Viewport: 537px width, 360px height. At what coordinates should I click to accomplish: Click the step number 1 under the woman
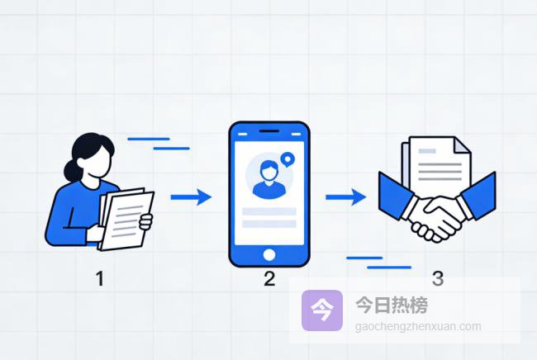100,278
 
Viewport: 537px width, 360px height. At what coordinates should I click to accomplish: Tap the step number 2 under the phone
269,278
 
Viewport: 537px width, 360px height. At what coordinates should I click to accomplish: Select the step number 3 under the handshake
438,278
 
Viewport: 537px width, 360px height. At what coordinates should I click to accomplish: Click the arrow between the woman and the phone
191,197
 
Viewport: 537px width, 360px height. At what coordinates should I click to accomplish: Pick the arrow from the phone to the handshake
345,197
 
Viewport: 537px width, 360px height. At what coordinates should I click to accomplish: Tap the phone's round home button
268,253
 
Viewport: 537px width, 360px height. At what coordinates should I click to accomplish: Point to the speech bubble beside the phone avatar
287,159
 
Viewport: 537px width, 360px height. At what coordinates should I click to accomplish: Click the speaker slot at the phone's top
268,132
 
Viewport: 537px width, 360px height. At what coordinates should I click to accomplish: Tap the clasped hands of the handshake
434,216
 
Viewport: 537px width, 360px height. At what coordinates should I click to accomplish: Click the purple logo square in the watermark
322,310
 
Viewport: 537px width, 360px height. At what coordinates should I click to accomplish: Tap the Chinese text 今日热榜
392,305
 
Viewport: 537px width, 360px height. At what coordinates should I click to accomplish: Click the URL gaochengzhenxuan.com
418,326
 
